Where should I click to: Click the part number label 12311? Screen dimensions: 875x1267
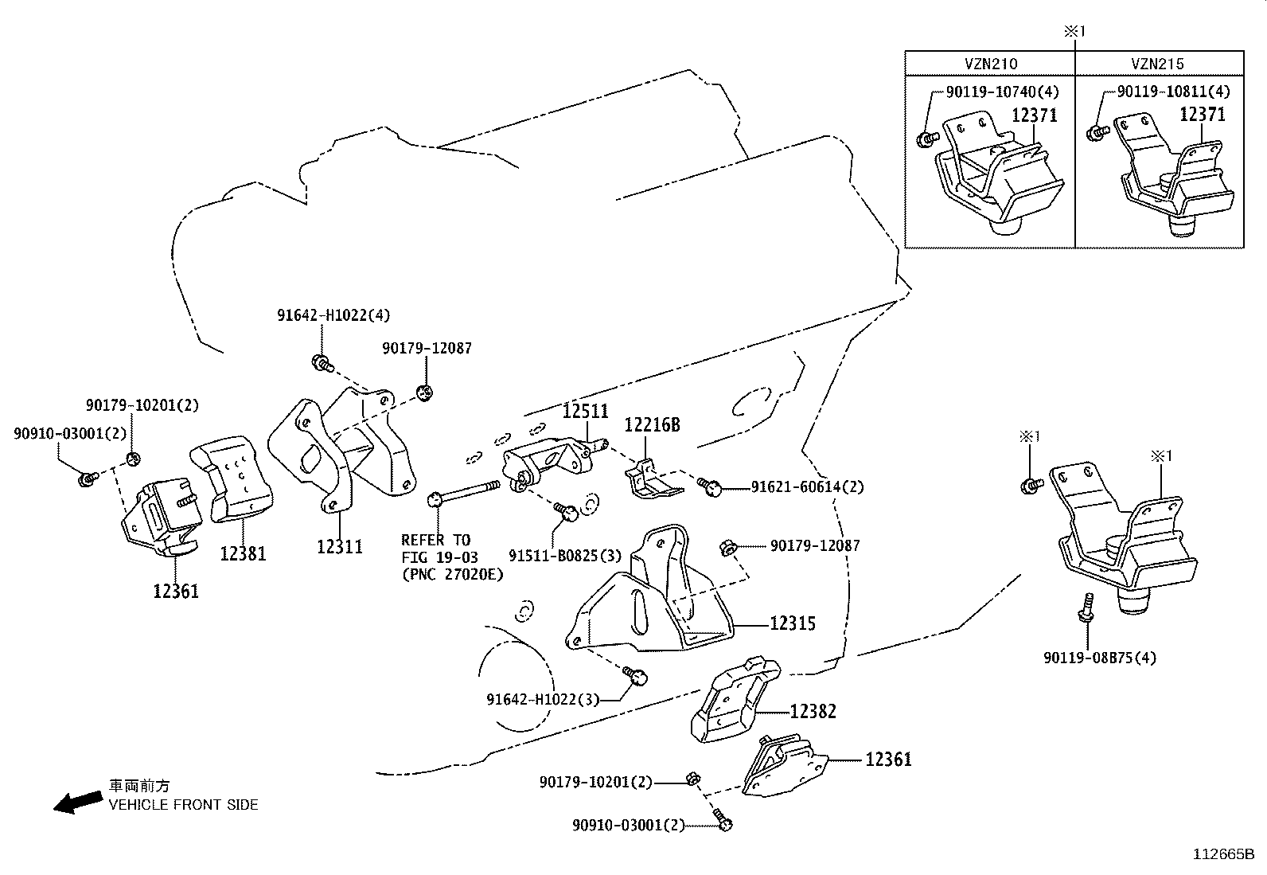tap(339, 546)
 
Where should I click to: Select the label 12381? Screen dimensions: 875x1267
tap(243, 553)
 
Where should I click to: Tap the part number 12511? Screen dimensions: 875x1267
tap(585, 412)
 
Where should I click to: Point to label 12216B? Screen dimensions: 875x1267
tap(652, 425)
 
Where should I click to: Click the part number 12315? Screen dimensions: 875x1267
tap(792, 623)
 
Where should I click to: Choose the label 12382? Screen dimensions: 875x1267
tap(813, 711)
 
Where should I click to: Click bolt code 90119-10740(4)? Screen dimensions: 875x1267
tap(1001, 92)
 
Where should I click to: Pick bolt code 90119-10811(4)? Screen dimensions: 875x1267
tap(1173, 92)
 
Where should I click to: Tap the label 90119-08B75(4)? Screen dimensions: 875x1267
tap(1100, 658)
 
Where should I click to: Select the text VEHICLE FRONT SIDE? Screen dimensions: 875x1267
tap(183, 805)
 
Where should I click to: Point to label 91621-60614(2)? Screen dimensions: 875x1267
tap(807, 486)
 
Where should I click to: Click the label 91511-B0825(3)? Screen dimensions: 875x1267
tap(565, 555)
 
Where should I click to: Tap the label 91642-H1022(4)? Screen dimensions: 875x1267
tap(333, 315)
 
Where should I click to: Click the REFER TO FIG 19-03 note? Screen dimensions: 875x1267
tap(451, 557)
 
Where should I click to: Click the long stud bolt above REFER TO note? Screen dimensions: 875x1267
tap(466, 491)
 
